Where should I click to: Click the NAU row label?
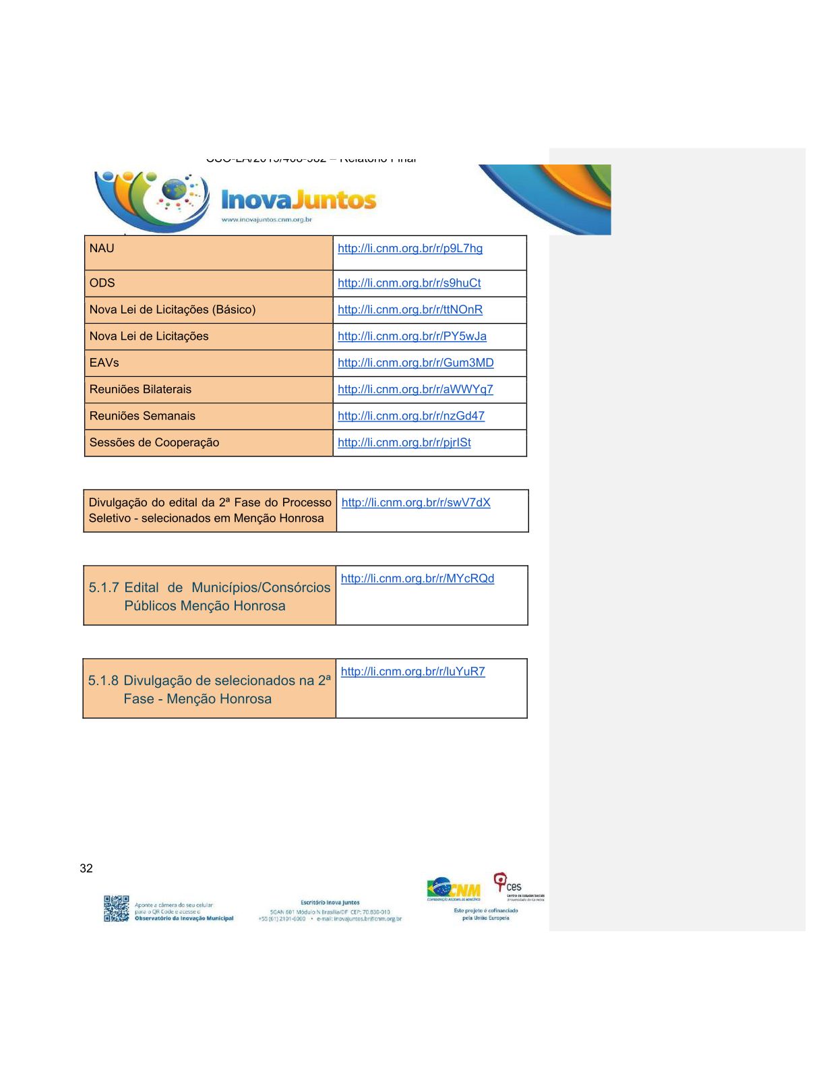102,248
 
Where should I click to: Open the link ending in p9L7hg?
410,248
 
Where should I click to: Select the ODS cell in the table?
102,283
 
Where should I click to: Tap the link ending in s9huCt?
409,283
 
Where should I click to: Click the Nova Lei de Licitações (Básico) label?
173,309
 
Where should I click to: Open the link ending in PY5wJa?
412,336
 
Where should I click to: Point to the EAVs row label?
104,363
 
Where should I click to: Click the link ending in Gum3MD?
415,363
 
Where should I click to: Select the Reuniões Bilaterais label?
140,389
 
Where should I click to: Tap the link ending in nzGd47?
411,416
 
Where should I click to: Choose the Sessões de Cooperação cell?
154,442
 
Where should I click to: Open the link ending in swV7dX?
416,502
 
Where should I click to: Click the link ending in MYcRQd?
417,578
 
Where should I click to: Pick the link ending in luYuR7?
413,672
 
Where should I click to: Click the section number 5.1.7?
104,587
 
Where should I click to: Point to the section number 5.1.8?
103,680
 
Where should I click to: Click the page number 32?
86,868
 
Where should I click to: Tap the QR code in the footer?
117,908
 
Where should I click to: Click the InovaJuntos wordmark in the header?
299,200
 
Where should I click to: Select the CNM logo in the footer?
454,889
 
